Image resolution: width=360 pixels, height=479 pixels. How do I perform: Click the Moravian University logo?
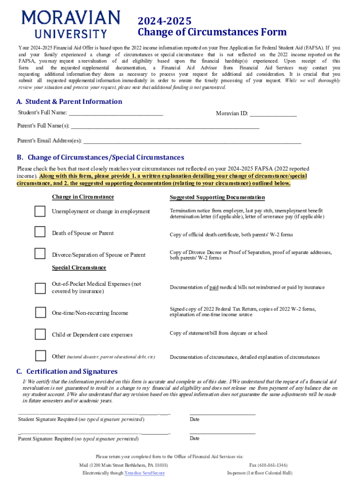tap(71, 24)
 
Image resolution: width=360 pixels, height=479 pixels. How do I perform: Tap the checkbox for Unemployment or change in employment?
tap(40, 211)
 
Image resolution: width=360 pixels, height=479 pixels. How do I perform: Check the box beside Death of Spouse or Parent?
tap(40, 232)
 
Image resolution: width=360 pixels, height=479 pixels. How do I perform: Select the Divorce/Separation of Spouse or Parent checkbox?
tap(40, 254)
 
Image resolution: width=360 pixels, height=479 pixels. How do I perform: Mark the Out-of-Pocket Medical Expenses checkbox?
tap(40, 287)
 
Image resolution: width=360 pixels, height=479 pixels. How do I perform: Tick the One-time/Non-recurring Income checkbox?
tap(40, 312)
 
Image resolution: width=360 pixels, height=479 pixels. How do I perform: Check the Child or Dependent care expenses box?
tap(40, 334)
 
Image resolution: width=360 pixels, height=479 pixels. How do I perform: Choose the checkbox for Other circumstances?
tap(40, 356)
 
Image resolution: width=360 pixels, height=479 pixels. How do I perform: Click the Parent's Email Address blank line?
tap(192, 141)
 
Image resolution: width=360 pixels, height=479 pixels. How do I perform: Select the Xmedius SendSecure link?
tap(144, 473)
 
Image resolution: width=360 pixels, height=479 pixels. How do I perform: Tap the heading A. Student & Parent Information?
tap(69, 102)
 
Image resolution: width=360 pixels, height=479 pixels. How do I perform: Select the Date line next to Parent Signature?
tap(222, 434)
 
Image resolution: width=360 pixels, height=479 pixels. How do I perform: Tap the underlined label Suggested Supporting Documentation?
tap(217, 197)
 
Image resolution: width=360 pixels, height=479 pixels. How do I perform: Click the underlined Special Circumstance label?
tap(79, 268)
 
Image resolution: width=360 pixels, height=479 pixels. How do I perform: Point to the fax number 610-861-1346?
tap(268, 465)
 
